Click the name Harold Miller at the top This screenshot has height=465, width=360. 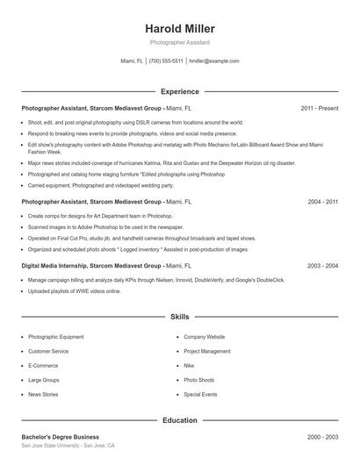[179, 29]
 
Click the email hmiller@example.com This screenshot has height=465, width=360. [213, 61]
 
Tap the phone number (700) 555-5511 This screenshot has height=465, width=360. [166, 61]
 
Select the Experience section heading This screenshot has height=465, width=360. [179, 91]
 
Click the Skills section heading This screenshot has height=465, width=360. [179, 316]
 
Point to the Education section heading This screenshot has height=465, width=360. [179, 420]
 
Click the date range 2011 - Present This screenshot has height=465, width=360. [319, 108]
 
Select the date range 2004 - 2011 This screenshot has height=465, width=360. [322, 201]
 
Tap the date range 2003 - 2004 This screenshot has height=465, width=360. [322, 265]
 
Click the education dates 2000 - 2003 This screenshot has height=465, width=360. [322, 437]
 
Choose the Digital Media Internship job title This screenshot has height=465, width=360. [56, 265]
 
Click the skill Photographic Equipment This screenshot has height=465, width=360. [56, 337]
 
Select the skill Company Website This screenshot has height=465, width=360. [204, 337]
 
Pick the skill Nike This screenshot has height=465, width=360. [189, 366]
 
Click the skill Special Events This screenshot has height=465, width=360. [200, 395]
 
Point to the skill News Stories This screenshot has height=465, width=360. [43, 395]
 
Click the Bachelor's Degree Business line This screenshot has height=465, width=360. [60, 437]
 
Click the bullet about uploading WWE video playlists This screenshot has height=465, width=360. [75, 290]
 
